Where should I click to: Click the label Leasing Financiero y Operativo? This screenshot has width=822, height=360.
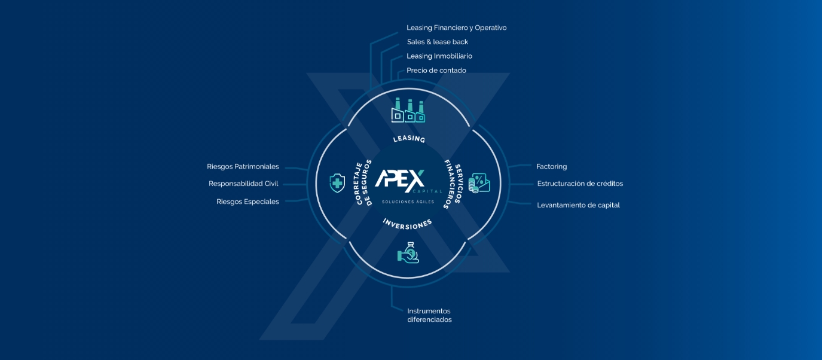tap(456, 28)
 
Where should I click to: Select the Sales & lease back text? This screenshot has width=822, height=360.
tap(437, 42)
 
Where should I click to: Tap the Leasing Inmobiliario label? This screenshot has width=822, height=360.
tap(439, 56)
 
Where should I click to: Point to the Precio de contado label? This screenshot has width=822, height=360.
tap(436, 71)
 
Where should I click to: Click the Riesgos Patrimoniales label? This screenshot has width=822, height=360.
tap(243, 167)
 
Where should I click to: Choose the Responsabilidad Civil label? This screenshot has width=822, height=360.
tap(243, 184)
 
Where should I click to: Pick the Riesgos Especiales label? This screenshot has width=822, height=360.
tap(247, 202)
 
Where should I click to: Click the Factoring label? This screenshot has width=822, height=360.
tap(551, 167)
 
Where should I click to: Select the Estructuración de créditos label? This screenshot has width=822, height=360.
tap(580, 184)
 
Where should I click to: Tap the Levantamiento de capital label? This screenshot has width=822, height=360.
tap(578, 205)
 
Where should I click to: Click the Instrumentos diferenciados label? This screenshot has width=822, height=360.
tap(429, 315)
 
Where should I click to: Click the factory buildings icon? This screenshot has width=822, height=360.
tap(408, 111)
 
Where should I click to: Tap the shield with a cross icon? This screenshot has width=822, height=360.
tap(337, 183)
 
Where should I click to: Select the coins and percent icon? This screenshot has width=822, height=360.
tap(479, 183)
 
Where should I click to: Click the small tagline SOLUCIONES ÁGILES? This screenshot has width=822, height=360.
tap(408, 202)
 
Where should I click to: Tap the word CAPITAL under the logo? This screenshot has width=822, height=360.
tap(427, 191)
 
